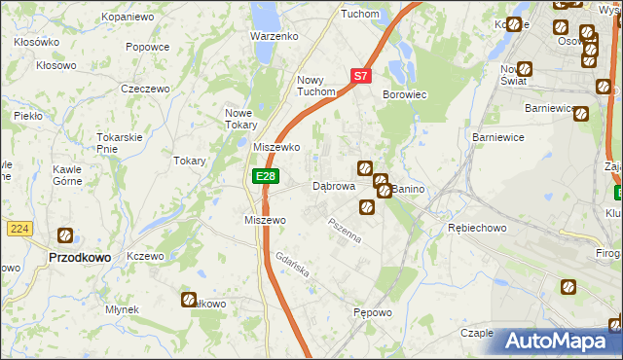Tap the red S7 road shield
click(x=360, y=75)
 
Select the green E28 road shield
click(x=266, y=176)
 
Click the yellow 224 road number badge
click(x=18, y=228)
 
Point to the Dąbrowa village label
click(x=333, y=186)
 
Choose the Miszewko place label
click(x=276, y=146)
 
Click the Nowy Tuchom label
click(x=317, y=87)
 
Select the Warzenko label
click(x=274, y=36)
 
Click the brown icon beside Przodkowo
click(x=65, y=234)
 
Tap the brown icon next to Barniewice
click(x=581, y=114)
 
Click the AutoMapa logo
click(x=560, y=341)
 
